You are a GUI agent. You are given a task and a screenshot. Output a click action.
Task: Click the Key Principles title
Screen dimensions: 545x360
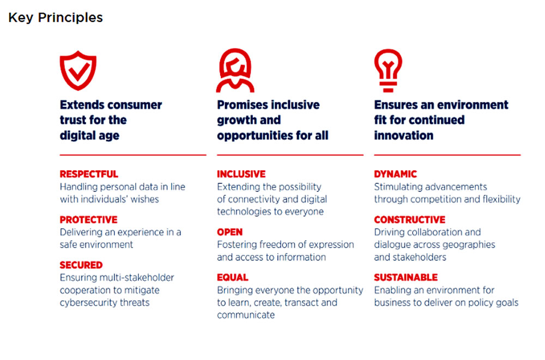pos(56,17)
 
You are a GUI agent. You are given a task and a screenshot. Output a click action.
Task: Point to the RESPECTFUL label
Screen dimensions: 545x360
pos(89,174)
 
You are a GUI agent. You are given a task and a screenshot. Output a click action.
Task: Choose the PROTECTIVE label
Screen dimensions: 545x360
pos(89,220)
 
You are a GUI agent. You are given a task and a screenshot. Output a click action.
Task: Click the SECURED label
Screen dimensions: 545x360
pos(81,265)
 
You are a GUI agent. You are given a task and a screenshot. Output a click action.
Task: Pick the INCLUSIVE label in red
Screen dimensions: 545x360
pos(241,174)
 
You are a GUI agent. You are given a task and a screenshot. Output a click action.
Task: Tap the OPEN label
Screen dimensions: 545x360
pos(230,232)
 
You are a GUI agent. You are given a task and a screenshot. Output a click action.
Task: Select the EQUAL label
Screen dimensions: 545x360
pos(233,278)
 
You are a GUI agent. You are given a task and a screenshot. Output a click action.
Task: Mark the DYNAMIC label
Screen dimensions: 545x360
pos(396,174)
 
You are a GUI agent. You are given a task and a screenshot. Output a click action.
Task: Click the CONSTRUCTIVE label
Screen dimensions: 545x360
pos(410,220)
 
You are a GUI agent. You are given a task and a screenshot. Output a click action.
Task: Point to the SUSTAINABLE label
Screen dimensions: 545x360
pos(406,278)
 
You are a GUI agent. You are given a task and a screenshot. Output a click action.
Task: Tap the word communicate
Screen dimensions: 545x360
pos(246,315)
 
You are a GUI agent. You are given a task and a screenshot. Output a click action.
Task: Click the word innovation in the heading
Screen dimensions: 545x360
pos(403,135)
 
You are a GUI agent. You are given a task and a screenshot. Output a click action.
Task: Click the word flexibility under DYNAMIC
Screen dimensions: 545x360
pos(501,199)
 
